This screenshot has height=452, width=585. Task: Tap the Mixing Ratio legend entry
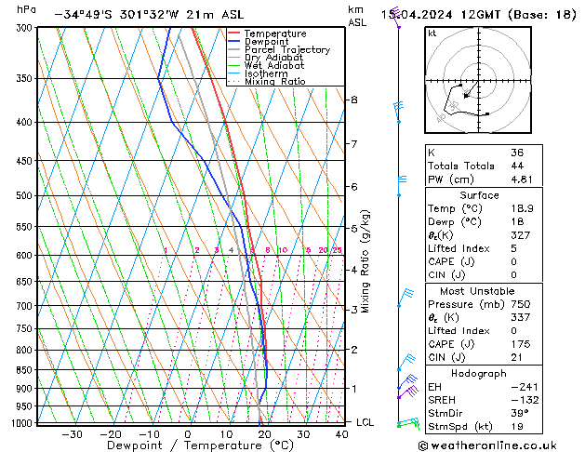274,82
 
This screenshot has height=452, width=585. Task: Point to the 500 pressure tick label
23,196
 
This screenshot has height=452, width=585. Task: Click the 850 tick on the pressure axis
23,370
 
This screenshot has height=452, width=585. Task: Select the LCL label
366,422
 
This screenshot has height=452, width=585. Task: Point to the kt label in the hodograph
432,33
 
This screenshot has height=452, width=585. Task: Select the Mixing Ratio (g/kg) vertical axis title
365,261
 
